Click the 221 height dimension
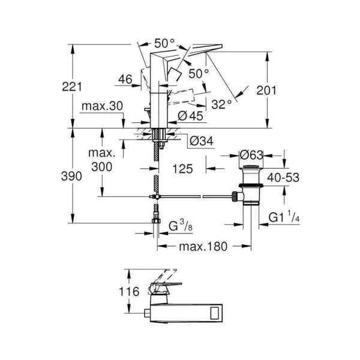(72, 86)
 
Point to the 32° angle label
(221, 104)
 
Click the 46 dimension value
(125, 79)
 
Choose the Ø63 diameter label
(252, 155)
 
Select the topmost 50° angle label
(164, 43)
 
